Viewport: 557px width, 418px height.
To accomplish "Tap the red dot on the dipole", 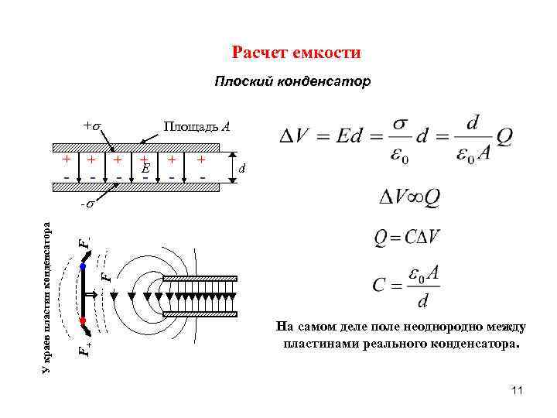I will [82, 319].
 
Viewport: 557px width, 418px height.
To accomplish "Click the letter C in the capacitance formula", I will [378, 284].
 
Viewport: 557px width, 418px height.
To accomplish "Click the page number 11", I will [518, 392].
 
